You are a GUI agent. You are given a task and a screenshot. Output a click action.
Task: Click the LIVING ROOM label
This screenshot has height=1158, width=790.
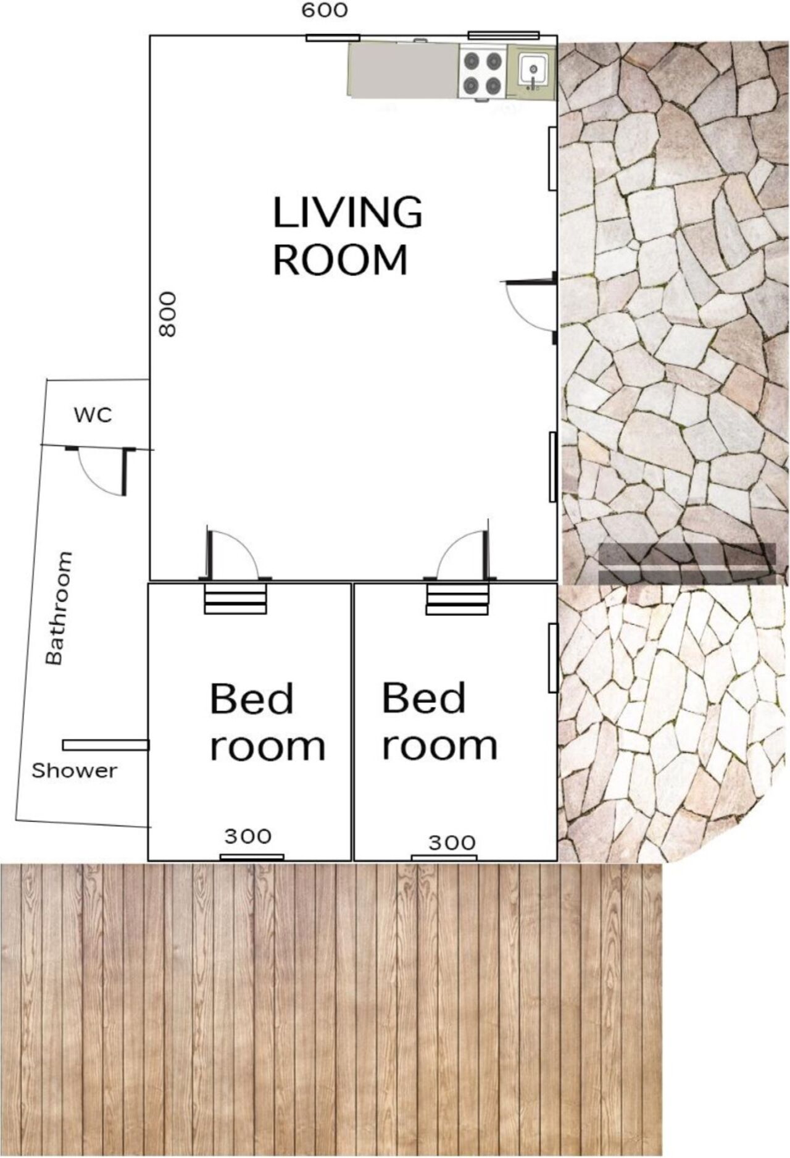(347, 236)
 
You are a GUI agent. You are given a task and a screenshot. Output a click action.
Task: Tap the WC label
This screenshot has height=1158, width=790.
(93, 415)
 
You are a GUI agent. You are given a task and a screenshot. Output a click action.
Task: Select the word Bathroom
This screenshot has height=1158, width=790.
(59, 608)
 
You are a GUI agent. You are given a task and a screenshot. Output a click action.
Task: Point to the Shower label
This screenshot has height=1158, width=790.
(74, 771)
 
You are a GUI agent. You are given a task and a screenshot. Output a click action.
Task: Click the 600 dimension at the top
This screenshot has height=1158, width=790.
(325, 10)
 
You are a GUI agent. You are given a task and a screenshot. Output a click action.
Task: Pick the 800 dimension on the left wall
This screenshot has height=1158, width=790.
(168, 314)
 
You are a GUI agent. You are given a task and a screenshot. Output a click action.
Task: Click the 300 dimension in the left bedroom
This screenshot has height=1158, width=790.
(247, 836)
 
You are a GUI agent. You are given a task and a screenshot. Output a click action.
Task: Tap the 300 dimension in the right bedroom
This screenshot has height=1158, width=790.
(452, 842)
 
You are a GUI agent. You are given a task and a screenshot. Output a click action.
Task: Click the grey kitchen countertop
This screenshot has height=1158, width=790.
(404, 70)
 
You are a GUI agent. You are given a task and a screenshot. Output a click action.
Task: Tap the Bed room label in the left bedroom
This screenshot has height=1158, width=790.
(267, 722)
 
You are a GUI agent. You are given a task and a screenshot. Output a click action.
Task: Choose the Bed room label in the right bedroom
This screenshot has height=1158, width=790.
(439, 721)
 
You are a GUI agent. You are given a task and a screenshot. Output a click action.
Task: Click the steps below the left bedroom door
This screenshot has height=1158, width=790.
(235, 598)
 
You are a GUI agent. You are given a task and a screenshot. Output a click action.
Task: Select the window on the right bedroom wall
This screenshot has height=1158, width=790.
(553, 658)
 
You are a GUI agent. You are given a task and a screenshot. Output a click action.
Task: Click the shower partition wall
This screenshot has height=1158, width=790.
(106, 745)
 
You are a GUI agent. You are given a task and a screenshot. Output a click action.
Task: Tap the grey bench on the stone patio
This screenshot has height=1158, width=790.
(687, 563)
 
